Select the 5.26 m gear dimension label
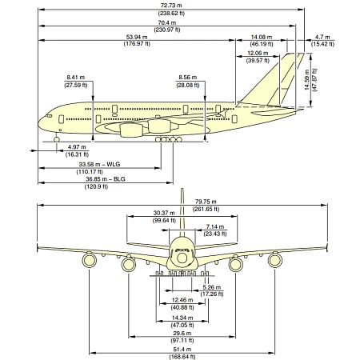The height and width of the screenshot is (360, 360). [x=211, y=290]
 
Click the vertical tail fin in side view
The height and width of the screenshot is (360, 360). [x=280, y=80]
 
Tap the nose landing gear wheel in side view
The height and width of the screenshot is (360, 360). [x=56, y=140]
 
